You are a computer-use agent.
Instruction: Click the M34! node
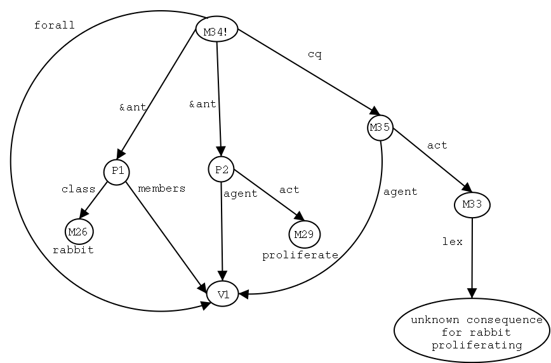pyautogui.click(x=216, y=30)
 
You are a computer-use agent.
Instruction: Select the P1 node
pyautogui.click(x=117, y=171)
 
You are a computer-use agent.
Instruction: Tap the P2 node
pyautogui.click(x=221, y=169)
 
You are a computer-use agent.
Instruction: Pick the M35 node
pyautogui.click(x=380, y=128)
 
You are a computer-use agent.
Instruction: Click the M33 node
pyautogui.click(x=472, y=205)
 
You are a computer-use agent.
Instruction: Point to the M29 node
pyautogui.click(x=305, y=235)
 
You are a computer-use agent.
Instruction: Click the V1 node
pyautogui.click(x=222, y=294)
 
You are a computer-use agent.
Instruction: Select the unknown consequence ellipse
pyautogui.click(x=472, y=330)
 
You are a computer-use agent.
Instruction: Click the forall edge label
pyautogui.click(x=54, y=26)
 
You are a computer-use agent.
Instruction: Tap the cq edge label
pyautogui.click(x=314, y=55)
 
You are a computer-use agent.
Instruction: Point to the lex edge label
pyautogui.click(x=452, y=242)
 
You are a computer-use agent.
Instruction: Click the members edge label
pyautogui.click(x=161, y=188)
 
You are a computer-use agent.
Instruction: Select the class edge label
pyautogui.click(x=78, y=189)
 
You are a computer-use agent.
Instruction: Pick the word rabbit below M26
pyautogui.click(x=73, y=250)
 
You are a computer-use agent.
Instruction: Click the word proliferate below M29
pyautogui.click(x=300, y=255)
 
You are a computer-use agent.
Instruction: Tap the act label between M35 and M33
pyautogui.click(x=437, y=145)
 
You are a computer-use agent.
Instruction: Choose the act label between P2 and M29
pyautogui.click(x=289, y=190)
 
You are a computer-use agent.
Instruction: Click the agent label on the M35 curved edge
pyautogui.click(x=400, y=192)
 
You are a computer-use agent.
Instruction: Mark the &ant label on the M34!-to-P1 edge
pyautogui.click(x=133, y=107)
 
